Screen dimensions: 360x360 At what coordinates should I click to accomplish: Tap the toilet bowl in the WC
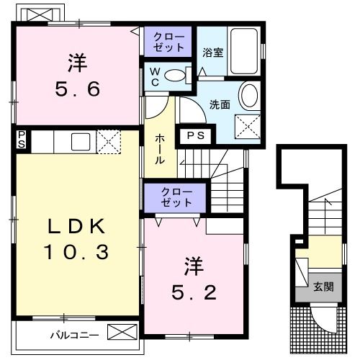(x=175, y=74)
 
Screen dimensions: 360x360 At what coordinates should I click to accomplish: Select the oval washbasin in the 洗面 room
(x=248, y=96)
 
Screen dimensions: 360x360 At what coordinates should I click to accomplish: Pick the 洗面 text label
(x=220, y=104)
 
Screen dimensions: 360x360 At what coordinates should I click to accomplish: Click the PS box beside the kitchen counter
(x=22, y=140)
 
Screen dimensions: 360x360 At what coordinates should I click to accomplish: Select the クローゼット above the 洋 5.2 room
(x=176, y=197)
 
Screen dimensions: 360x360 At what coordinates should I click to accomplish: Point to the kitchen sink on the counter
(x=79, y=141)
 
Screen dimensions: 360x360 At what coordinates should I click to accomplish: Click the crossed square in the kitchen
(x=108, y=141)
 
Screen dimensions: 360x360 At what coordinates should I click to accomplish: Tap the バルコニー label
(x=70, y=335)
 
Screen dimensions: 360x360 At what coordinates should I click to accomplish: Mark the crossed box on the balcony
(x=121, y=333)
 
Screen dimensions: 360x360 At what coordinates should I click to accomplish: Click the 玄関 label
(x=323, y=287)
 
